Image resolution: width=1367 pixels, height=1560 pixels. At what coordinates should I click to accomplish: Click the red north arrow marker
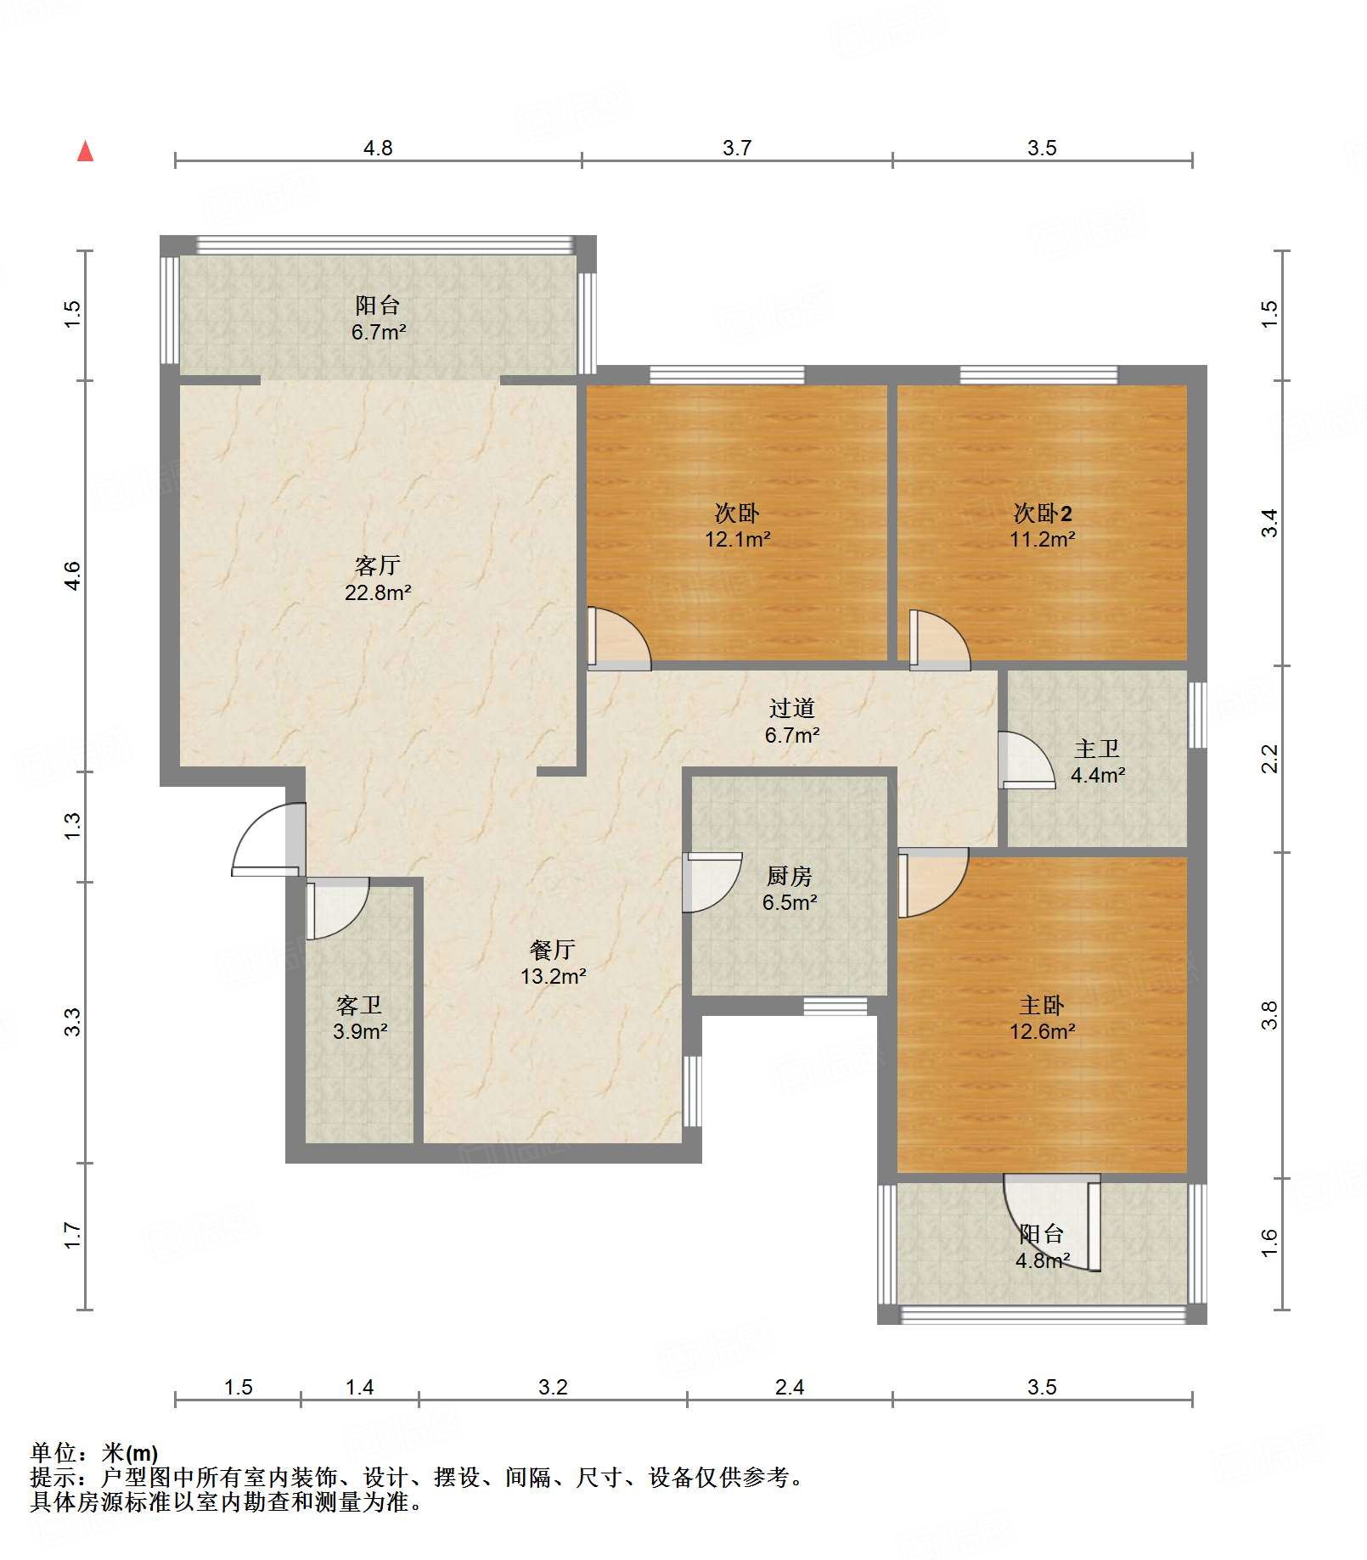[x=85, y=151]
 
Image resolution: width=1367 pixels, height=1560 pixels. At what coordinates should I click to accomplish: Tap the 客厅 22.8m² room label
[x=378, y=579]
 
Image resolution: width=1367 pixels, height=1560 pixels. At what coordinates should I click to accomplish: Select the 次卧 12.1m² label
[x=737, y=525]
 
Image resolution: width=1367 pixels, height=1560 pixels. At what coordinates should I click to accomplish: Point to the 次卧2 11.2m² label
[x=1042, y=525]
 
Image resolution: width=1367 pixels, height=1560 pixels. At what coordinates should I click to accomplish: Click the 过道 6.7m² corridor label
[x=791, y=721]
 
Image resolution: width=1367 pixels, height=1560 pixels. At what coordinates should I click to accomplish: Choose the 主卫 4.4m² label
[x=1097, y=761]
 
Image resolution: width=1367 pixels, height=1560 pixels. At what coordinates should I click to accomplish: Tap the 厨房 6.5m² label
[x=789, y=889]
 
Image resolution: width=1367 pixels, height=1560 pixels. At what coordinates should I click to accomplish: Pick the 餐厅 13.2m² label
[x=553, y=962]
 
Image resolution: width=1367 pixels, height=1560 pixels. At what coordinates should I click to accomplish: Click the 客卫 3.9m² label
[x=360, y=1018]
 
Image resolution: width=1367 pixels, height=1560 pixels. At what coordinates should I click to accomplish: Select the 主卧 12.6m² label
[x=1042, y=1018]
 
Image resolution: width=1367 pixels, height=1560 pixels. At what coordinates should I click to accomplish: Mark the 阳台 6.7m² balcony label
[x=378, y=318]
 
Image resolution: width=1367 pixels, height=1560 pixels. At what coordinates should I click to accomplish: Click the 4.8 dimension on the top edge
[x=378, y=148]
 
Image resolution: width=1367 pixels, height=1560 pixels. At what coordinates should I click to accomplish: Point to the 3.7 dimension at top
[x=737, y=148]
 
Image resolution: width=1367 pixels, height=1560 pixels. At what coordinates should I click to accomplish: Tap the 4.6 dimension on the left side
[x=73, y=576]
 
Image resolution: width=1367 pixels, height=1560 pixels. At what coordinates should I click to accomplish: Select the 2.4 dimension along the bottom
[x=790, y=1387]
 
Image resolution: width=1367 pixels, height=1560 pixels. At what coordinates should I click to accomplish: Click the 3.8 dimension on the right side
[x=1269, y=1015]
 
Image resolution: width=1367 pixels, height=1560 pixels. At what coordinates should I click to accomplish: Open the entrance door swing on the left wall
[x=267, y=839]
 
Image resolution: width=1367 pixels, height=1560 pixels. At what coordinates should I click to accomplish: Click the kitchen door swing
[x=712, y=882]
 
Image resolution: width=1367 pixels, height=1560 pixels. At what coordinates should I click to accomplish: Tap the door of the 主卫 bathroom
[x=1027, y=760]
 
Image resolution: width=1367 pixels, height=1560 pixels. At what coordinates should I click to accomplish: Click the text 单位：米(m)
[x=94, y=1453]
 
